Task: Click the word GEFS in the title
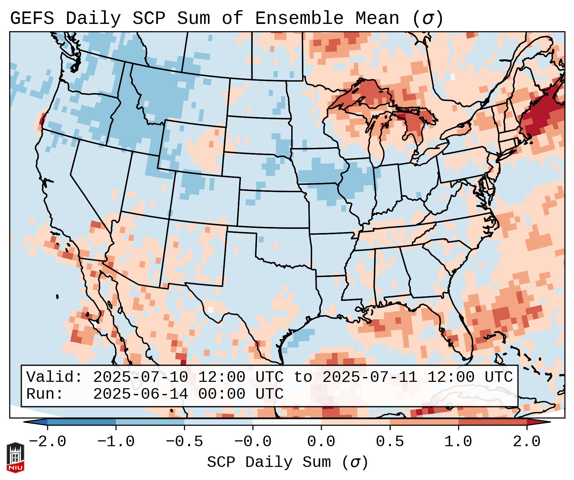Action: pos(32,18)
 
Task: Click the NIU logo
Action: pos(15,457)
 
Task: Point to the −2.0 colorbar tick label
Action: pos(47,442)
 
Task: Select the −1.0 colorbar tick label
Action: pos(116,442)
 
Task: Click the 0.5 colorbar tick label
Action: pos(390,442)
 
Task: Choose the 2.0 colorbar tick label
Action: pos(527,442)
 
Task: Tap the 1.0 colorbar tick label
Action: pos(458,442)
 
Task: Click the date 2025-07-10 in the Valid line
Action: pos(140,377)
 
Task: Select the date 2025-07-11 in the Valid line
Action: pos(370,377)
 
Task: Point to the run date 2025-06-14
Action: pos(140,394)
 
